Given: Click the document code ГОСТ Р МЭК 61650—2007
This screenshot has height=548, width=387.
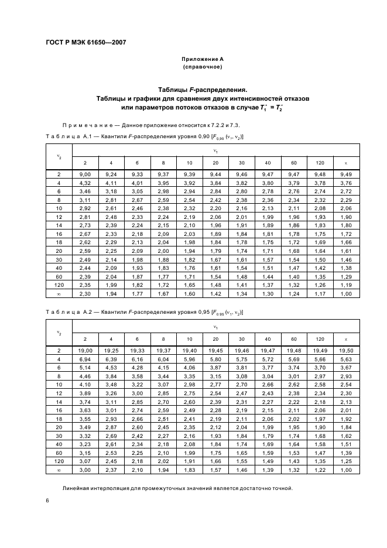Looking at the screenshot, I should pos(85,43).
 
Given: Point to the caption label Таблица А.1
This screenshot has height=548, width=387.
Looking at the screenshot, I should pos(67,136).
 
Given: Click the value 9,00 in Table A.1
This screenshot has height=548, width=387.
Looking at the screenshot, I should pos(84,174).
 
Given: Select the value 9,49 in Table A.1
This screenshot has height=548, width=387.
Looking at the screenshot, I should pos(345,174).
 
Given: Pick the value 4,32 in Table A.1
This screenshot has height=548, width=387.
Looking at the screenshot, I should pos(84,183).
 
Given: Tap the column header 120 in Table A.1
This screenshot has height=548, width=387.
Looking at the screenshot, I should pos(320,162).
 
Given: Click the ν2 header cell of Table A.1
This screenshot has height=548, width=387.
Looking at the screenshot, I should pos(59,156).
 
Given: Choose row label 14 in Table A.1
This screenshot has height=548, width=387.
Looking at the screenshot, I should pos(59,225).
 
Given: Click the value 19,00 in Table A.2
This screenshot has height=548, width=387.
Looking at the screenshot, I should pos(84,350).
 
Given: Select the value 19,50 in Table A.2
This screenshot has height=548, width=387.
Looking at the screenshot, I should pos(345,350).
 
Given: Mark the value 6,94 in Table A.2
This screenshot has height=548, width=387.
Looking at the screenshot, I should pos(84,358).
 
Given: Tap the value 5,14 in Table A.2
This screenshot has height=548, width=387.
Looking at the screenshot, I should pos(84,367).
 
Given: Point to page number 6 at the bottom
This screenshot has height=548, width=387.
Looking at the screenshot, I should pos(47,501).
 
